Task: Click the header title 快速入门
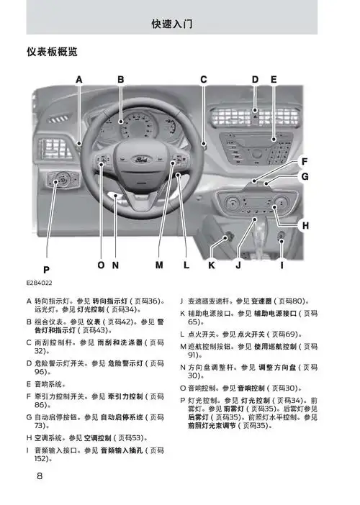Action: [x=172, y=24]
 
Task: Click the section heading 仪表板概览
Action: [x=52, y=53]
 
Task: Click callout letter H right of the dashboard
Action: [x=305, y=226]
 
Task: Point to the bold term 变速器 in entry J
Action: [x=263, y=301]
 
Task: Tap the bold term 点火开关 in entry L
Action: [x=248, y=335]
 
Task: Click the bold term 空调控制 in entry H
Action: [x=98, y=437]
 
